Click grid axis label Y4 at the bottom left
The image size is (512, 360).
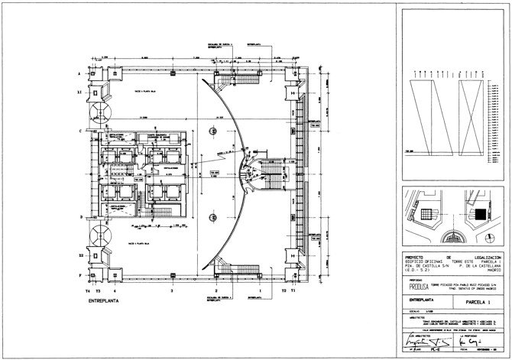[88, 292]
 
